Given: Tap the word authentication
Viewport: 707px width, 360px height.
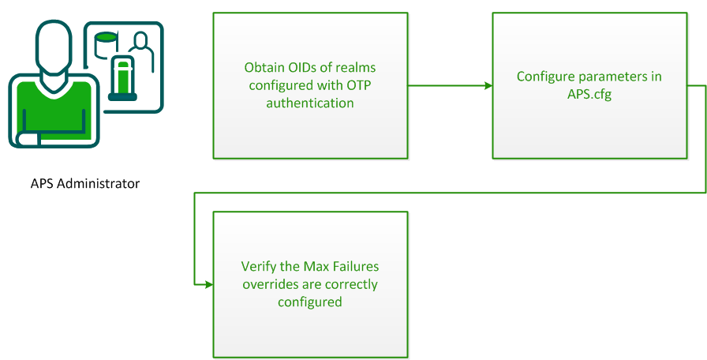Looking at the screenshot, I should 310,103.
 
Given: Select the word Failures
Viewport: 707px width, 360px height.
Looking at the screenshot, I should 356,267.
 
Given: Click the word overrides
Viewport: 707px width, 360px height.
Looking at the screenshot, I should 270,284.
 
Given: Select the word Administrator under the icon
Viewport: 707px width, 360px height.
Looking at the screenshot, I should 99,183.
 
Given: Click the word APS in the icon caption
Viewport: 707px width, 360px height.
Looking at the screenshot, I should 43,183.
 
